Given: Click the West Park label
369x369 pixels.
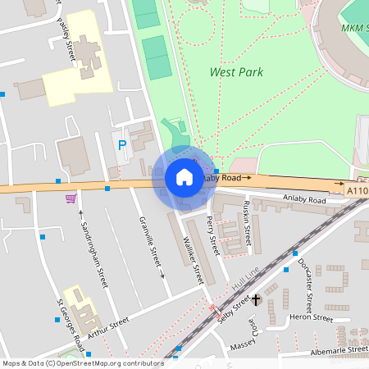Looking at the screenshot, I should (236, 72).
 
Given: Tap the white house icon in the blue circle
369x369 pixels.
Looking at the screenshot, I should (184, 177).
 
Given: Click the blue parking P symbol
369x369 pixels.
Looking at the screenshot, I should (122, 145).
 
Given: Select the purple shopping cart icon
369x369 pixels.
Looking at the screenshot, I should (71, 198).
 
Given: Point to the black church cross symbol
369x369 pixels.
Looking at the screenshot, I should (256, 300).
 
